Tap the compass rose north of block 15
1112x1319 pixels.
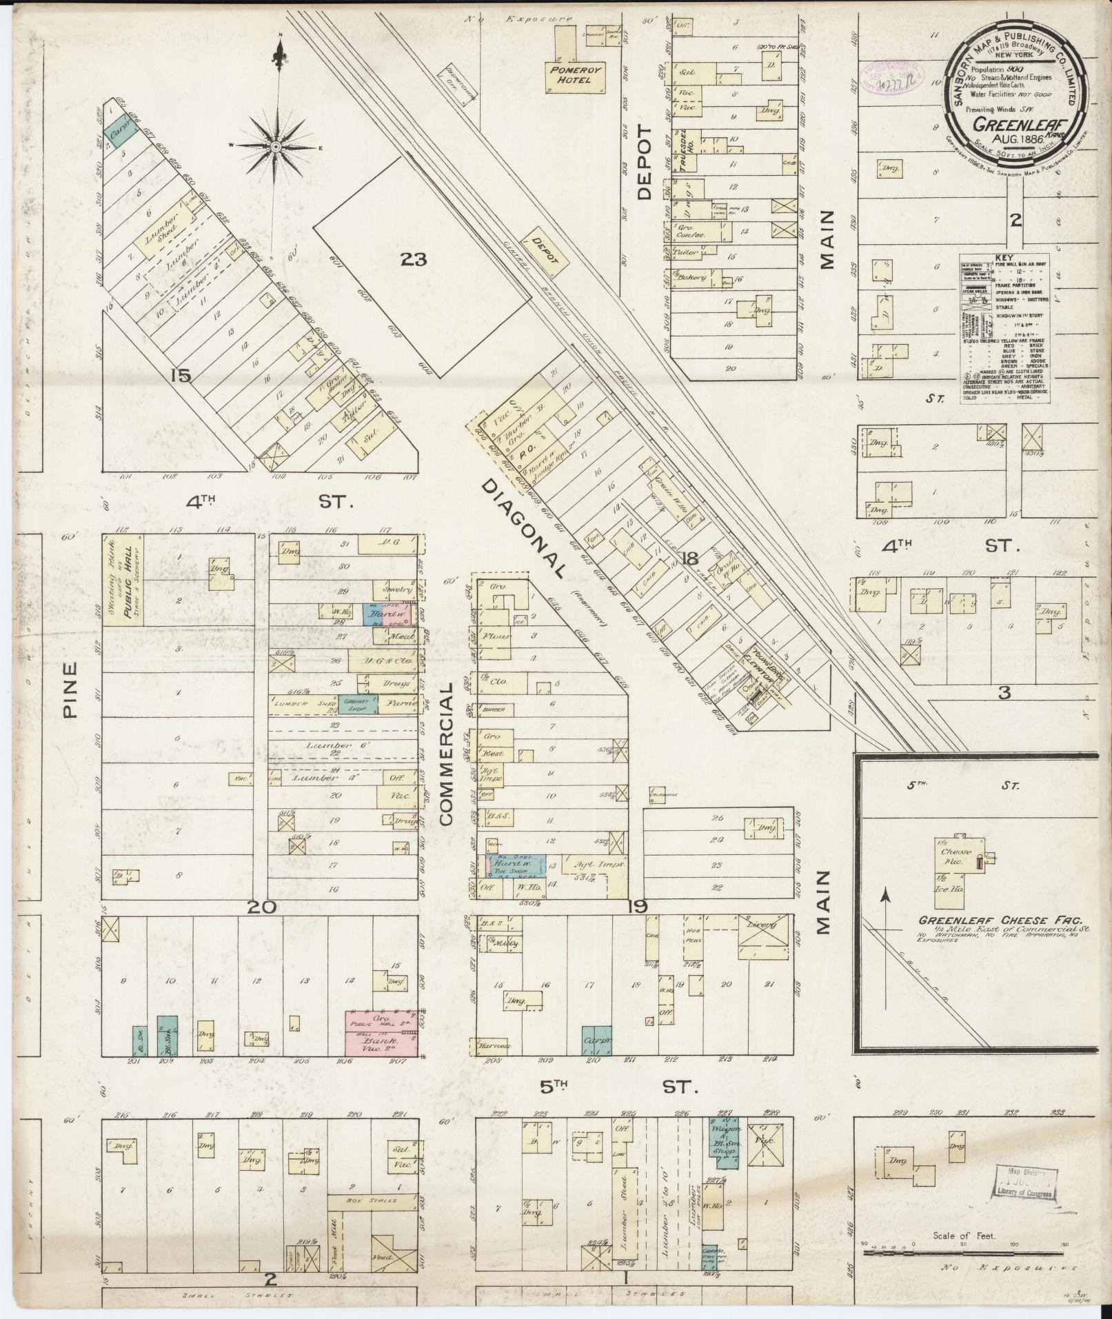pos(275,146)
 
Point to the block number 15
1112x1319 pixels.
pos(182,376)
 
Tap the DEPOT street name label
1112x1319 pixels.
pos(645,162)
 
